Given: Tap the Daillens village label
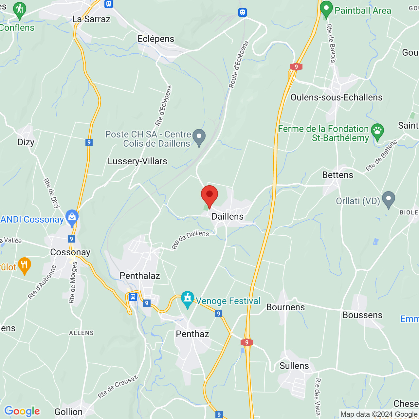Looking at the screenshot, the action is pos(228,217).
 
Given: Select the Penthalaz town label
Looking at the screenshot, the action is pos(140,276).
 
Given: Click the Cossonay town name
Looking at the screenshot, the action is pos(70,252).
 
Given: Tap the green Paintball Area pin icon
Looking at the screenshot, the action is pos(326,9).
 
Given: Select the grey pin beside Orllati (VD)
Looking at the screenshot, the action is pos(389,199).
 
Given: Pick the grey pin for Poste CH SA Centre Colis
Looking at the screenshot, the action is pos(199,137).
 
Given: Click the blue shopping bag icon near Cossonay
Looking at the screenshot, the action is pos(72,218).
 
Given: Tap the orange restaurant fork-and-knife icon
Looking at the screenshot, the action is pos(24,265).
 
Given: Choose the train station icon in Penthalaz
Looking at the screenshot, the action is pos(133,297).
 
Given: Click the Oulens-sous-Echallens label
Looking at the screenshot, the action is pos(337,98).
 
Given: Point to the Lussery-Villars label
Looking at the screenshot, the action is pos(137,161).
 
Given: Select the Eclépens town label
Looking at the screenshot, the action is pos(156,39).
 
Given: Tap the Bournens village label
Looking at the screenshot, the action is pos(285,307).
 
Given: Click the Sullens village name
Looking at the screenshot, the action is pos(294,366).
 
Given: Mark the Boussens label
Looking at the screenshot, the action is pos(362,315).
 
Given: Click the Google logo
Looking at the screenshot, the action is pos(22,411).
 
